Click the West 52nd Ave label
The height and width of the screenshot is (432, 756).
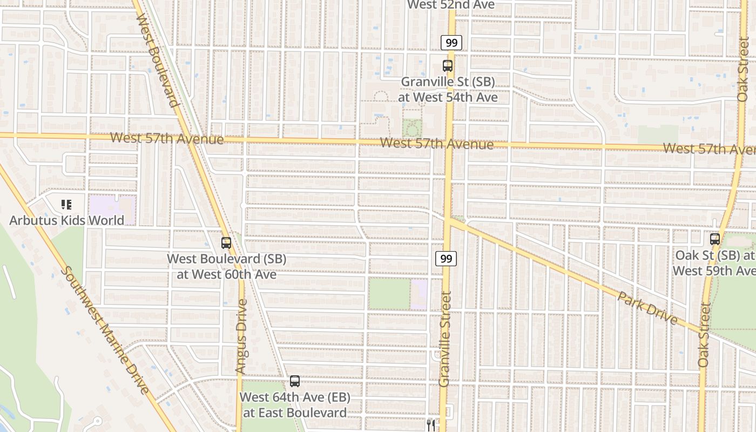[x=451, y=5]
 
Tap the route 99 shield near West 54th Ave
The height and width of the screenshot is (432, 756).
[x=451, y=43]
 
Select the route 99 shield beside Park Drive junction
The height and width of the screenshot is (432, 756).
[x=446, y=259]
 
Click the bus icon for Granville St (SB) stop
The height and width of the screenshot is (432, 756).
[x=448, y=66]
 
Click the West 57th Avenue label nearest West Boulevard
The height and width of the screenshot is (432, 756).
[x=166, y=138]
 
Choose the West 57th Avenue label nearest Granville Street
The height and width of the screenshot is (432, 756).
[x=436, y=144]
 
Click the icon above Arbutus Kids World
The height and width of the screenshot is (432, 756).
[x=66, y=205]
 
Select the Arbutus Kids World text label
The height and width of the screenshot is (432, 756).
[x=67, y=220]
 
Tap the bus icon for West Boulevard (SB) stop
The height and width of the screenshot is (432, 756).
[x=226, y=243]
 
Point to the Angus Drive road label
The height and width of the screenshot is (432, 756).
[x=241, y=336]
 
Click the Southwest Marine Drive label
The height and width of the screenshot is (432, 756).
[x=105, y=329]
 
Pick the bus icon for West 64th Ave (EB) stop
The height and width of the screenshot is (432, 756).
[x=295, y=381]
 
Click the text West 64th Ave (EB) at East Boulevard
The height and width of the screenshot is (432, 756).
[x=295, y=405]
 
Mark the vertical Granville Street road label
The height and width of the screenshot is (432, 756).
[x=445, y=339]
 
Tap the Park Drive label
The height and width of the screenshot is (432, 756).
[x=647, y=308]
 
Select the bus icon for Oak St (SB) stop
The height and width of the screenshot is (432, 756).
[x=715, y=239]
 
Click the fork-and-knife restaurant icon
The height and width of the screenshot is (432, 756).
[x=430, y=425]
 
